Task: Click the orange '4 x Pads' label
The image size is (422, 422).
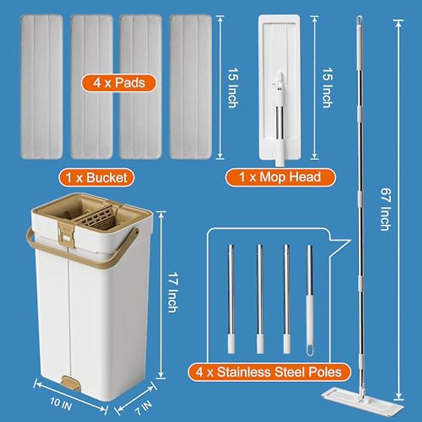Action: coord(119,83)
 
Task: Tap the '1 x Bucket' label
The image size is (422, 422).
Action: coord(96,177)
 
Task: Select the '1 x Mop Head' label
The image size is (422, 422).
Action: coord(280,177)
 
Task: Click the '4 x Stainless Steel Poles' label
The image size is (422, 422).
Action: coord(269,372)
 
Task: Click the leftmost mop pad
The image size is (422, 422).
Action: coord(41,87)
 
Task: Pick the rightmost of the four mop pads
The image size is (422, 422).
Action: coord(190,87)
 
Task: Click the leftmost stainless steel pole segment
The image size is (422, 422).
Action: coord(231,299)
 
